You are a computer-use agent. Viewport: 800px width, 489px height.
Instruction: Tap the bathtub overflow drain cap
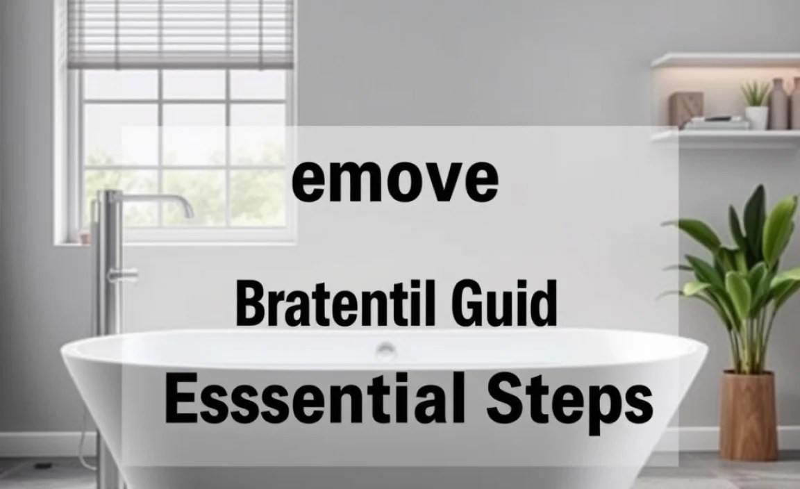[386, 348]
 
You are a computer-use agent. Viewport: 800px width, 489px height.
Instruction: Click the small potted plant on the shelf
[756, 104]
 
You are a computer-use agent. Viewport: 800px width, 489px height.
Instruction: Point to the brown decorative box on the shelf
[686, 109]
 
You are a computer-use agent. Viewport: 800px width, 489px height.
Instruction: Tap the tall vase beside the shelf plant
[778, 104]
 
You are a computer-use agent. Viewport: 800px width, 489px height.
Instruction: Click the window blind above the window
[181, 34]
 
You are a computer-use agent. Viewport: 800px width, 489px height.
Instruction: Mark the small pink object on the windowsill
[85, 237]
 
